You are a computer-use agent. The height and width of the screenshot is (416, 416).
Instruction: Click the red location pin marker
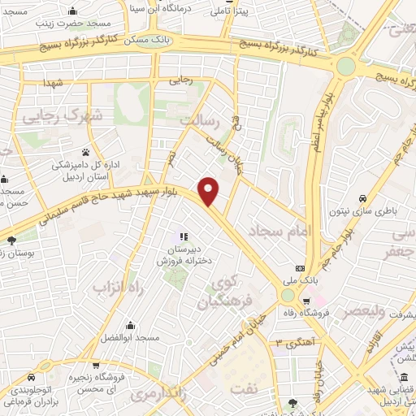click(x=209, y=191)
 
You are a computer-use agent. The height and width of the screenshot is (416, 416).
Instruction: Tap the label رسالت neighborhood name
click(x=200, y=120)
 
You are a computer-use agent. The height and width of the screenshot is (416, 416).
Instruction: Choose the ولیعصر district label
click(x=369, y=311)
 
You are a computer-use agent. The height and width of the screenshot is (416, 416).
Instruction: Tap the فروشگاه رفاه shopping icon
click(x=306, y=298)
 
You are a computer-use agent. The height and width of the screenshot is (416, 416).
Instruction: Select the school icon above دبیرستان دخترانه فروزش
click(x=184, y=236)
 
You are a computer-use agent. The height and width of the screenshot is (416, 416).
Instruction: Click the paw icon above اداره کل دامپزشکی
click(x=85, y=152)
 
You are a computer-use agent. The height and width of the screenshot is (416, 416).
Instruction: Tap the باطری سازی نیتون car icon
click(x=362, y=197)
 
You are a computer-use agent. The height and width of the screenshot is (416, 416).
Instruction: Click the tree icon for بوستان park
click(x=11, y=240)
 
